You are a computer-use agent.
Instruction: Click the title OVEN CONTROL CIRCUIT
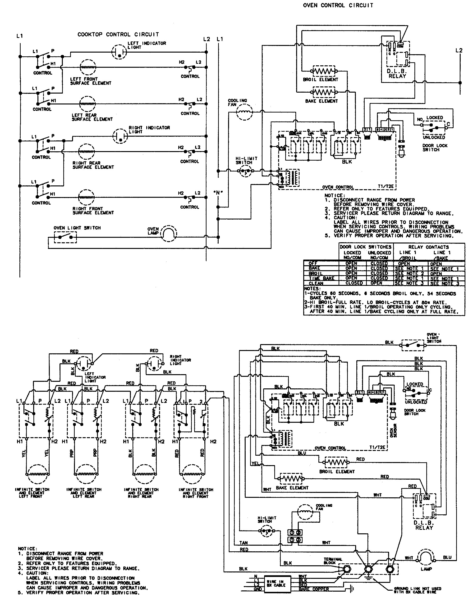click(x=338, y=5)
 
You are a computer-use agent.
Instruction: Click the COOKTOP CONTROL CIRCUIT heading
click(x=118, y=35)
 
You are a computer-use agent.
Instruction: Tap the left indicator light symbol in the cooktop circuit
click(x=119, y=52)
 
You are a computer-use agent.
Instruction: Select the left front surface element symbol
click(x=88, y=67)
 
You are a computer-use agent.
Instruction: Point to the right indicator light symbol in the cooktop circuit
click(x=120, y=136)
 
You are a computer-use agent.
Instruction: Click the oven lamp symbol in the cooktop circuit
click(x=170, y=233)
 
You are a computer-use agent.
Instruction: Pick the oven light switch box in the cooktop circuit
click(x=65, y=237)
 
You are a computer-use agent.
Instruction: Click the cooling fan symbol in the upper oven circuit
click(x=244, y=112)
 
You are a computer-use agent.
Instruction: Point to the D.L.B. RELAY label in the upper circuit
click(x=397, y=73)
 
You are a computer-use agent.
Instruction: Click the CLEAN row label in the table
click(x=316, y=283)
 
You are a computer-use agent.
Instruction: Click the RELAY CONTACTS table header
click(x=428, y=247)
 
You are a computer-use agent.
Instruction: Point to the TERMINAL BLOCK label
click(x=333, y=561)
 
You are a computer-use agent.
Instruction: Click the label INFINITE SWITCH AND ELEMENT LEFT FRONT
click(x=32, y=493)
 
